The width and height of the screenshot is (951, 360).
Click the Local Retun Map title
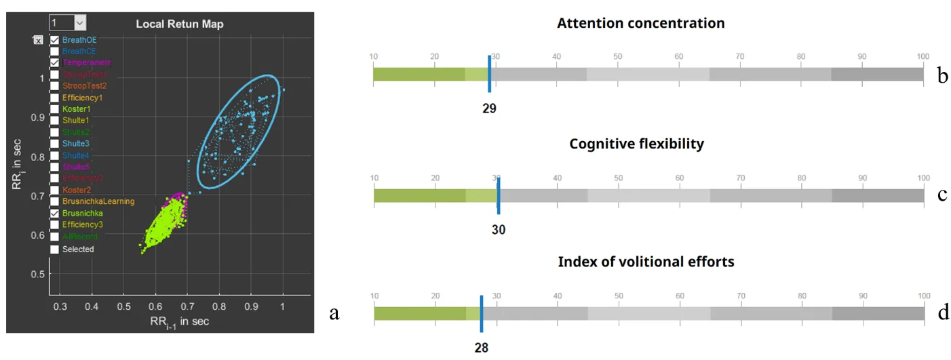tap(180, 24)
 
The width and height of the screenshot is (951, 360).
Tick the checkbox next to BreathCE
tap(54, 51)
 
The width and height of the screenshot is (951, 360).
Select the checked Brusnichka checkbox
tap(54, 213)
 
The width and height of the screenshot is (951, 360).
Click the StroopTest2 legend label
tap(84, 86)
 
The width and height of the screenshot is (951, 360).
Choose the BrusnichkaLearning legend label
tap(98, 201)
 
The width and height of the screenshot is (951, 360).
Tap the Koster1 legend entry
tap(76, 109)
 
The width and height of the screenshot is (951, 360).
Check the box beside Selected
tap(54, 249)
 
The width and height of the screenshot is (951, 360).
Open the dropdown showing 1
tap(68, 23)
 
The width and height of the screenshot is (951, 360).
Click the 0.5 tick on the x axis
tap(123, 306)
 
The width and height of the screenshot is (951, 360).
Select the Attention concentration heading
tap(640, 24)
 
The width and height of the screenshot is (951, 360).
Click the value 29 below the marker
tap(489, 108)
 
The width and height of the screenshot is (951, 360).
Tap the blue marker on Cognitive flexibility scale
tap(499, 195)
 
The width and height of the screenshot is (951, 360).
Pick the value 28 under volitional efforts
tap(481, 348)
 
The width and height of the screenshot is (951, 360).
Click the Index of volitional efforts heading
tap(646, 262)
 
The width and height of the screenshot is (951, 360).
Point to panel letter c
tap(942, 195)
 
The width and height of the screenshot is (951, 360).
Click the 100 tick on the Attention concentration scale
tap(922, 56)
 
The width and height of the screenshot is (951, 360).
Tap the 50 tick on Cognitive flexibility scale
tap(618, 178)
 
